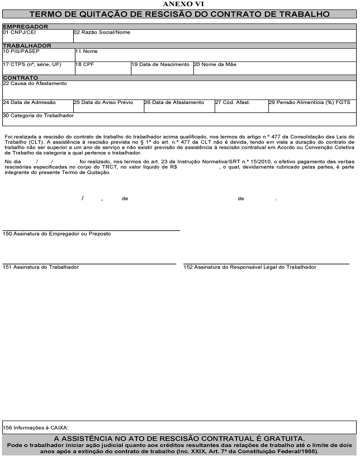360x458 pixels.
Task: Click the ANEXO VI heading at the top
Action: pos(180,4)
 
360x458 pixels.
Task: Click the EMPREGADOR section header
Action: pos(25,26)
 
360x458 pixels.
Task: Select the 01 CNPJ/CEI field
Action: pos(37,36)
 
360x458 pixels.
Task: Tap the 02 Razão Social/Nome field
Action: pos(215,36)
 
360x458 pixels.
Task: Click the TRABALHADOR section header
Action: pos(27,45)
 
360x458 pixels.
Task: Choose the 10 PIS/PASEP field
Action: pos(38,55)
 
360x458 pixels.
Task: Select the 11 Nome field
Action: pos(215,55)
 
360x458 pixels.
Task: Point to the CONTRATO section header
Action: pos(20,78)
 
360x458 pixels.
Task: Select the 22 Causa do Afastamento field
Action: pos(179,89)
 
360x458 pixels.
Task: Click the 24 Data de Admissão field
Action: pos(37,106)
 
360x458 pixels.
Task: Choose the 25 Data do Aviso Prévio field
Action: pos(108,106)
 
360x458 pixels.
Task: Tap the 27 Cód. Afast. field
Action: pos(241,106)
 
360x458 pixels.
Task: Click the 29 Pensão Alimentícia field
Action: pos(312,106)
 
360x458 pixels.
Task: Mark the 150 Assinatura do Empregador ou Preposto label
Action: pos(57,234)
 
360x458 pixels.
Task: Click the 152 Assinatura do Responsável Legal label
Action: pos(250,267)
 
